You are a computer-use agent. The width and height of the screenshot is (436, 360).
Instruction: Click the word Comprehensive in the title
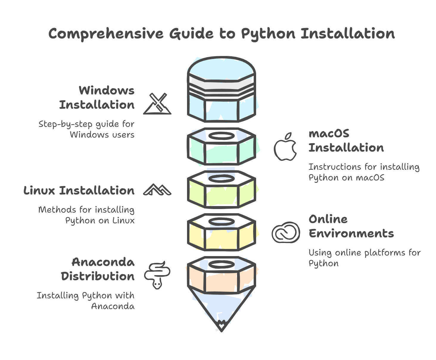coord(106,34)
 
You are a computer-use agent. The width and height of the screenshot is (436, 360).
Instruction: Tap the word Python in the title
coord(268,34)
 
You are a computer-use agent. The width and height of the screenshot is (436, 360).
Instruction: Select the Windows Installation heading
coord(97,98)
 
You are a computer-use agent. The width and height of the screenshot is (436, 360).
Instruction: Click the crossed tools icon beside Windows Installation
coord(158,104)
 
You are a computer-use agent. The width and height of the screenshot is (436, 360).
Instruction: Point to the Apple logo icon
coord(285,147)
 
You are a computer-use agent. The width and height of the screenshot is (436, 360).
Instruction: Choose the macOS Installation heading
coord(346,141)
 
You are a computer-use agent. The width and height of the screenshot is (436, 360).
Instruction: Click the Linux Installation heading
coord(79,191)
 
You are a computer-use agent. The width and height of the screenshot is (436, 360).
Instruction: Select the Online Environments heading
coord(351,226)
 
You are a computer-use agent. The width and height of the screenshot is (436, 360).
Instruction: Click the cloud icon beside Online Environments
coord(285,232)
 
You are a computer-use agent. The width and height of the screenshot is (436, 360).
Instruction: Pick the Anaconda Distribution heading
coord(98,269)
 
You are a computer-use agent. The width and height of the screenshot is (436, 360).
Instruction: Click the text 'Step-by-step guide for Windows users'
coord(86,129)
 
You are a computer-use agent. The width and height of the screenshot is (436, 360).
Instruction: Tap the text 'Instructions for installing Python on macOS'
coord(364,172)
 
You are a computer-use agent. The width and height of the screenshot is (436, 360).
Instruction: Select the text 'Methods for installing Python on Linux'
coord(86,215)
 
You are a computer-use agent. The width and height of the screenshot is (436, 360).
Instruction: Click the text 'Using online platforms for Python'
coord(364,258)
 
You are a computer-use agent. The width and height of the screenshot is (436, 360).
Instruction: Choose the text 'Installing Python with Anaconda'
coord(85,301)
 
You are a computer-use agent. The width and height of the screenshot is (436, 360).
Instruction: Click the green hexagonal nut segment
coord(221,152)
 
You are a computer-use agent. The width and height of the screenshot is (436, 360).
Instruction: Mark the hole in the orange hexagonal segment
coord(221,264)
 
